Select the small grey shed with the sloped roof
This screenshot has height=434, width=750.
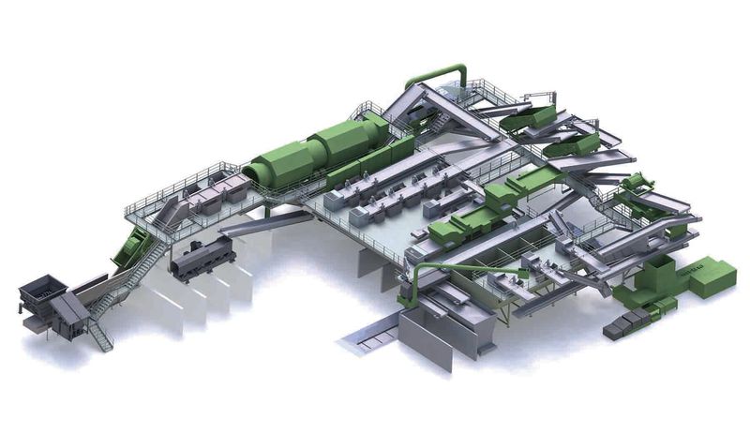pos(70,309)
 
